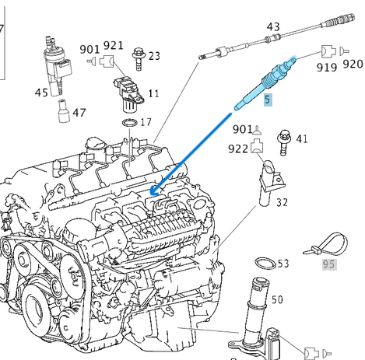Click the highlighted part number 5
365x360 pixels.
pyautogui.click(x=268, y=100)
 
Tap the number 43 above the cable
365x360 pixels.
pyautogui.click(x=273, y=27)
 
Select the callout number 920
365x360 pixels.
pyautogui.click(x=352, y=64)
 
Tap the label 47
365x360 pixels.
pyautogui.click(x=79, y=113)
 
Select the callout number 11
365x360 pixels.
pyautogui.click(x=154, y=93)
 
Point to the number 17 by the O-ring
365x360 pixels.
pyautogui.click(x=146, y=122)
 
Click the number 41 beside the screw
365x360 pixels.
pyautogui.click(x=302, y=140)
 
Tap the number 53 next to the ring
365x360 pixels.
pyautogui.click(x=283, y=264)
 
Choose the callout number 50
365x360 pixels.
pyautogui.click(x=277, y=299)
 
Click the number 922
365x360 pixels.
pyautogui.click(x=240, y=149)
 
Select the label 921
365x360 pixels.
pyautogui.click(x=114, y=46)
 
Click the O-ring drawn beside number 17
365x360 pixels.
pyautogui.click(x=129, y=122)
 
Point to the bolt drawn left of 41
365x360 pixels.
pyautogui.click(x=283, y=140)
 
